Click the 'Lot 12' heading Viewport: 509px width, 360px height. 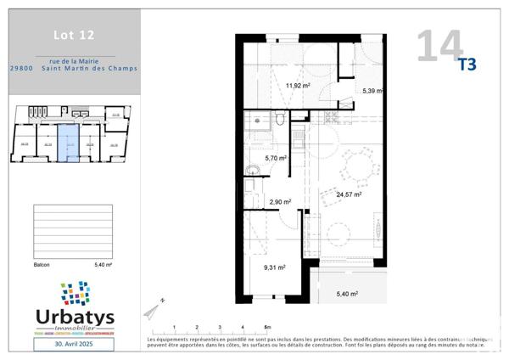point(74,35)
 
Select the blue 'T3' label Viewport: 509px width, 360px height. point(467,65)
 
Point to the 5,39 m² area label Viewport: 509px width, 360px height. point(371,91)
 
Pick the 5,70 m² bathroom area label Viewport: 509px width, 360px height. point(276,158)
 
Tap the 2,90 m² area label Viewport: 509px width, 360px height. point(280,202)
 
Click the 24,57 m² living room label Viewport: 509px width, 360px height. point(348,194)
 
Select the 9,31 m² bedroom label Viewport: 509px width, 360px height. point(273,267)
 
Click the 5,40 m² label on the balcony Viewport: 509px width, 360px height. point(347,294)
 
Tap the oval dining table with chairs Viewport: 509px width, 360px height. point(357,166)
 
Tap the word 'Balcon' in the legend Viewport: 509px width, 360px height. point(42,265)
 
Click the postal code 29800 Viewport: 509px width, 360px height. point(22,70)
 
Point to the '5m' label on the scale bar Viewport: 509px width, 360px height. point(267,327)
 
